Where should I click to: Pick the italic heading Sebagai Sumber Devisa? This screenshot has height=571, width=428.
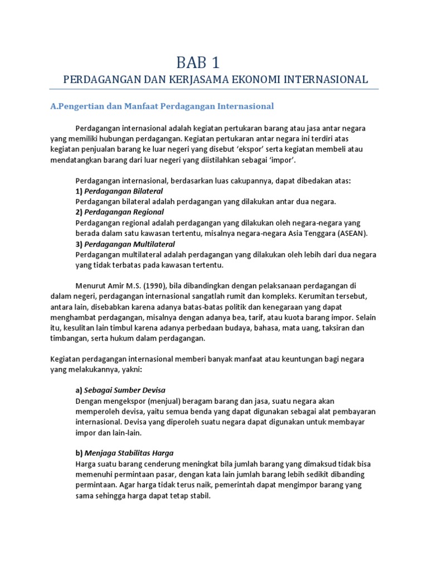pos(125,390)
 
